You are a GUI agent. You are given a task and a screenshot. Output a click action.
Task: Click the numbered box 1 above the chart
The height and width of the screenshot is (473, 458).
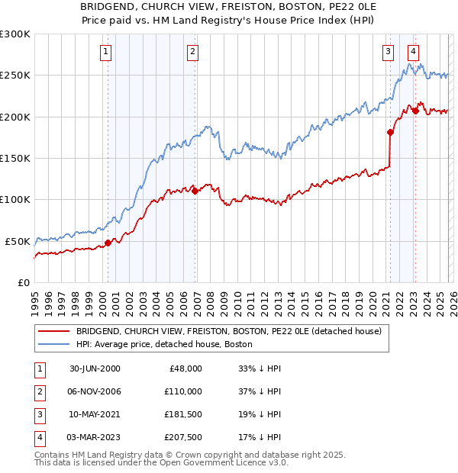point(105,52)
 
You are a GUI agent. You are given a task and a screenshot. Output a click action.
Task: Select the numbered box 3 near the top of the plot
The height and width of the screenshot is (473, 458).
point(388,52)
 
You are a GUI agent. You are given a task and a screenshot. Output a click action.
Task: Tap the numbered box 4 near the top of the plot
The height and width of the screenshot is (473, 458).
point(413,52)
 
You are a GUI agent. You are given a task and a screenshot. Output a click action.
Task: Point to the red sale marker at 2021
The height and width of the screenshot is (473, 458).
point(390,132)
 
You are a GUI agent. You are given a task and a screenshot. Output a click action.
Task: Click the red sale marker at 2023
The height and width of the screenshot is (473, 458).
point(415,111)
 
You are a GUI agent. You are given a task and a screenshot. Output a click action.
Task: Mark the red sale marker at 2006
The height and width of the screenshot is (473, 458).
point(195,191)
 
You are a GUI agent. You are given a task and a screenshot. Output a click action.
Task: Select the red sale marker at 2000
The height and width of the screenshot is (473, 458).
point(108,243)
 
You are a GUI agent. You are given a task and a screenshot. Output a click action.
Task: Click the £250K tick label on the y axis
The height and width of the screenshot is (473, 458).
point(15,76)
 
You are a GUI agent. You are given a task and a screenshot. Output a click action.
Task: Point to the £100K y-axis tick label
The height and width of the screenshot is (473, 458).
point(15,199)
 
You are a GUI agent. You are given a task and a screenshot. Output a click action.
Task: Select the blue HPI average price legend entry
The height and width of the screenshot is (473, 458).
point(168,344)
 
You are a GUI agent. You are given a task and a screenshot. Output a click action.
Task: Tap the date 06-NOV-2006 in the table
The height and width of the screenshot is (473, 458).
point(95,391)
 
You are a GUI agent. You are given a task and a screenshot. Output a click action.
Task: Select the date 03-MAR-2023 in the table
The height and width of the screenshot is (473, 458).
point(95,437)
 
